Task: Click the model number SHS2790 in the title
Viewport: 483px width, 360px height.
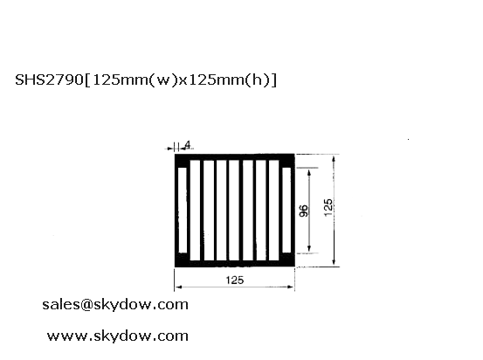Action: [49, 80]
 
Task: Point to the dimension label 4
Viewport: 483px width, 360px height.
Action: [188, 144]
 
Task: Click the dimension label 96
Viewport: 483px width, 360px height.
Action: [304, 211]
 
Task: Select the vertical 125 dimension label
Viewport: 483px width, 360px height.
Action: [328, 207]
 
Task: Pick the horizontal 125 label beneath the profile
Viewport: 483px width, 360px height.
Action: [235, 280]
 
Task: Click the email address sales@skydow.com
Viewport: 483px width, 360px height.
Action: [115, 305]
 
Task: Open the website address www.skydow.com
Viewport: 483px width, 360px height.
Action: [117, 336]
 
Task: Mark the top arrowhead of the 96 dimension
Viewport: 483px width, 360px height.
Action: [309, 171]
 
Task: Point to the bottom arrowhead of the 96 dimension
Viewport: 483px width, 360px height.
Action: [309, 249]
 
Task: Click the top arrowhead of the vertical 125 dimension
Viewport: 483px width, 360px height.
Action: [334, 159]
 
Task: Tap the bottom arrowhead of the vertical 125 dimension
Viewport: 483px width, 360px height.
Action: [334, 262]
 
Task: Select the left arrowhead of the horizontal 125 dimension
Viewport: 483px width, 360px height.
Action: [178, 287]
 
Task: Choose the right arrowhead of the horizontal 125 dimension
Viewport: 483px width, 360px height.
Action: [291, 287]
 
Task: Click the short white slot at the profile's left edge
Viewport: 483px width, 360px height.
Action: [183, 210]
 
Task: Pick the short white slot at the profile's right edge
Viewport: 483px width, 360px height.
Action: [286, 210]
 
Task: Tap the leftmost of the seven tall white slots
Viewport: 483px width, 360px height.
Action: [195, 211]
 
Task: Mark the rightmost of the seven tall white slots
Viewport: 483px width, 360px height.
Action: [274, 211]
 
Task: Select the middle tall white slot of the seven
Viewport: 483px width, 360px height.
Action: [234, 211]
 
